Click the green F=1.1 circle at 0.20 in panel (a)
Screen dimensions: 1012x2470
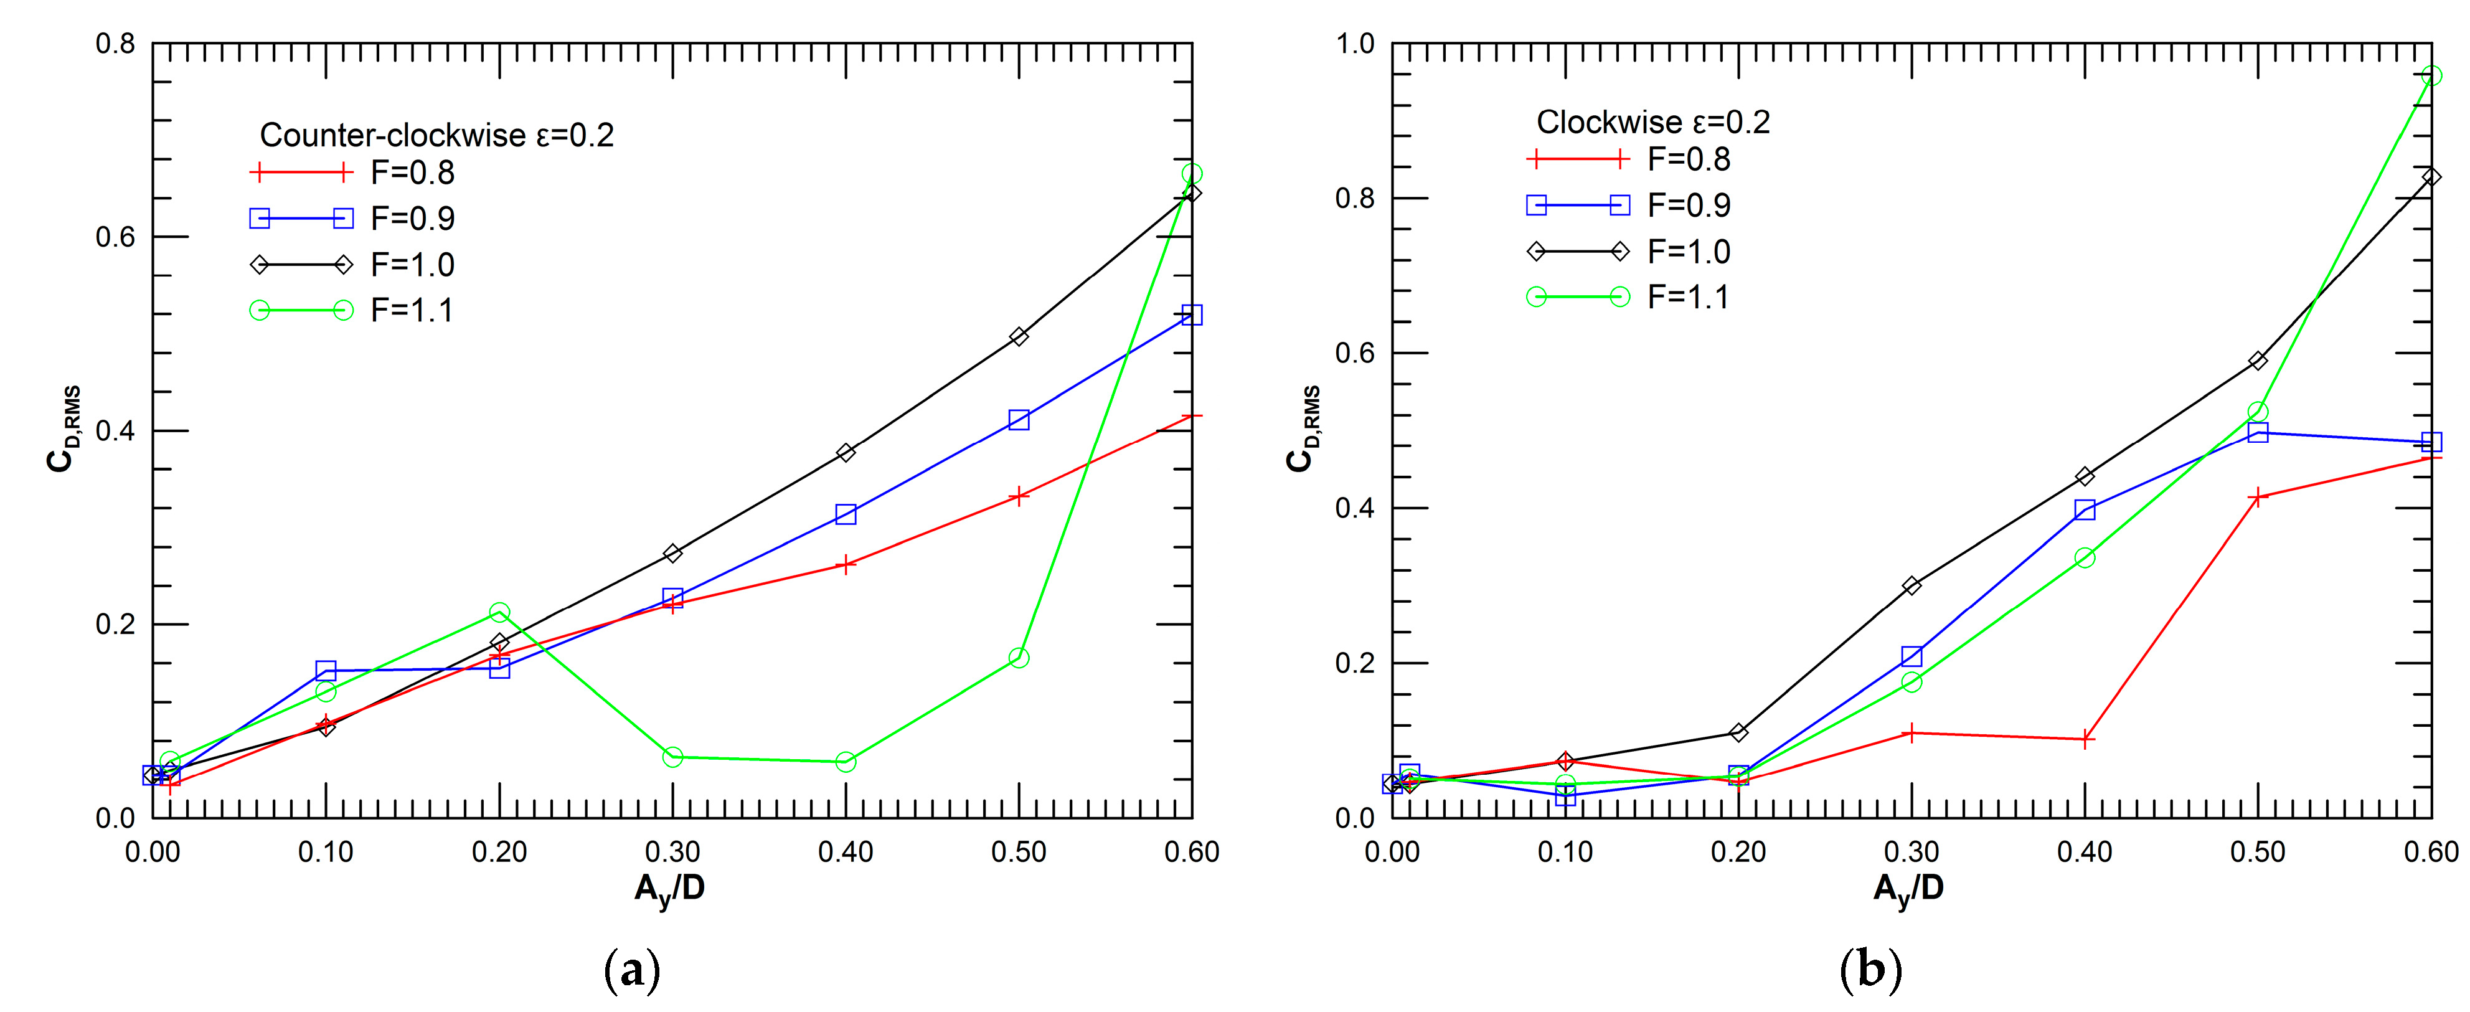point(499,612)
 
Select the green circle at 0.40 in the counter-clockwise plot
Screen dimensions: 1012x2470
point(846,762)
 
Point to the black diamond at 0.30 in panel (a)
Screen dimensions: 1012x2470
point(673,554)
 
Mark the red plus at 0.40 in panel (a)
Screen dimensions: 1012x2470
point(846,565)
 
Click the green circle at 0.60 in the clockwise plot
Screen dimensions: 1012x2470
point(2431,76)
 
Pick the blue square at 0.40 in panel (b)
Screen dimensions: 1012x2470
point(2085,510)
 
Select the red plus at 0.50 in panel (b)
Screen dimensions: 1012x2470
point(2258,497)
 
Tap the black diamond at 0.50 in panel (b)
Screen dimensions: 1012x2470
point(2258,361)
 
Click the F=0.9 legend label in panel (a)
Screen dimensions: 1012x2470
point(412,219)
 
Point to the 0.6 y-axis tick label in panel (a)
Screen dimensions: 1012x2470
point(115,237)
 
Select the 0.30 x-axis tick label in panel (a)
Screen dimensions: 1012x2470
point(672,852)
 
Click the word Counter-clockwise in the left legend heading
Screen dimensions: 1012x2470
point(393,135)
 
